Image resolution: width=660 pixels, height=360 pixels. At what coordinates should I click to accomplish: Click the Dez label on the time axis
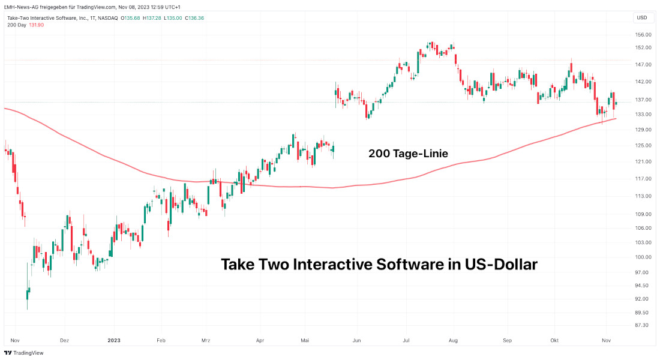tap(65, 340)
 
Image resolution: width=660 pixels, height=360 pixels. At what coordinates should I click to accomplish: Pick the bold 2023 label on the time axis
tap(114, 340)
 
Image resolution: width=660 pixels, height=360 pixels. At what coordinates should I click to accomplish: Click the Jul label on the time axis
tap(406, 340)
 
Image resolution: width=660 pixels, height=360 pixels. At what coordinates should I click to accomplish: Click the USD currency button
tap(641, 17)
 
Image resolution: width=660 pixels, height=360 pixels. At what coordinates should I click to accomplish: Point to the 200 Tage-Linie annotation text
tap(408, 154)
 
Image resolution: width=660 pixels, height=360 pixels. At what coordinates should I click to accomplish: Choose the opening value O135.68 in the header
tap(131, 18)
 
